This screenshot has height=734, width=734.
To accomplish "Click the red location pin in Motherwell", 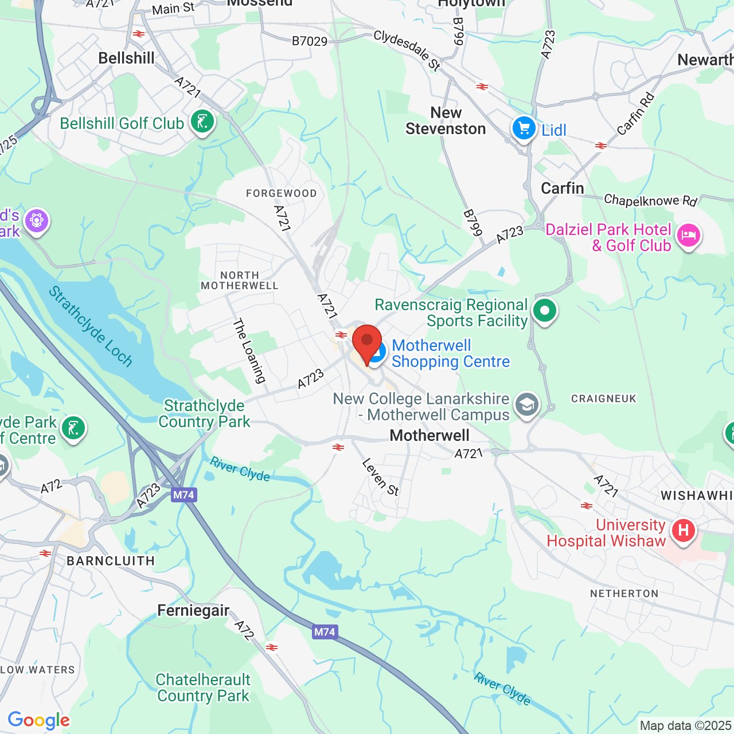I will click(x=366, y=342).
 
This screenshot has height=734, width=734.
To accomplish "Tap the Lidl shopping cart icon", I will click(x=524, y=128).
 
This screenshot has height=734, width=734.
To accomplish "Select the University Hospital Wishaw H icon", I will click(x=683, y=530).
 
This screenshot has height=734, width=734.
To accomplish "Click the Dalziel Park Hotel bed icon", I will click(x=688, y=235).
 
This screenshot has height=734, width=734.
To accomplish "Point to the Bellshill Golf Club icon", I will click(x=202, y=121).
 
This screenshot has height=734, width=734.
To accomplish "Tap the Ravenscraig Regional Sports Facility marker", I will click(x=544, y=311).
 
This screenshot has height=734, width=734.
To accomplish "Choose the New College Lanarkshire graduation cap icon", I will click(x=526, y=405).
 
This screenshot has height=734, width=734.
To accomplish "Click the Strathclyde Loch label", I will click(x=91, y=326).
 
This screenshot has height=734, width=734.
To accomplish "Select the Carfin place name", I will click(x=563, y=188).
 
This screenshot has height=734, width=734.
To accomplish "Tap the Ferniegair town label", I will click(x=193, y=610).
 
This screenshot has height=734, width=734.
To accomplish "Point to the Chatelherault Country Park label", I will click(x=204, y=688).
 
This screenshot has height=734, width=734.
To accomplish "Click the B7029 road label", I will click(x=310, y=41).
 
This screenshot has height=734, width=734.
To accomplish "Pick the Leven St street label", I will click(x=380, y=477).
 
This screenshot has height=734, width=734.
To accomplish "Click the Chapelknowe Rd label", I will click(x=650, y=200).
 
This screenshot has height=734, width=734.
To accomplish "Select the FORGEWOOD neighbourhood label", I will click(x=281, y=193).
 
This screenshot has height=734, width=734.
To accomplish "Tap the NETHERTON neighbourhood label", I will click(x=624, y=594).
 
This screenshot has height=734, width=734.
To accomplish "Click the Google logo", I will click(x=39, y=720).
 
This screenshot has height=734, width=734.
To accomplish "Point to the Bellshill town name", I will click(x=126, y=58).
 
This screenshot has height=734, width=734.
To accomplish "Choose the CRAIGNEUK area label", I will click(x=604, y=399).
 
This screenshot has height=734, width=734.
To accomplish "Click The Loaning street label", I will click(x=249, y=350).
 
